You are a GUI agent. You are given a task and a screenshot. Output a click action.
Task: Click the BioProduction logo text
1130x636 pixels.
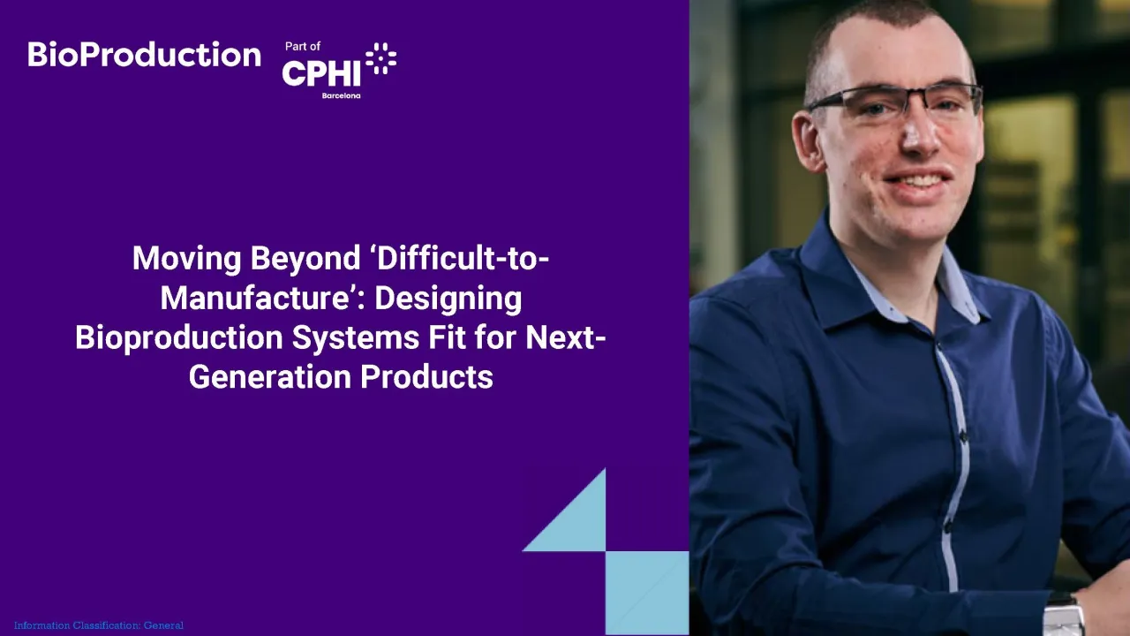pyautogui.click(x=144, y=55)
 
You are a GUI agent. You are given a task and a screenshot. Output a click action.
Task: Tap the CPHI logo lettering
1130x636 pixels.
pyautogui.click(x=321, y=73)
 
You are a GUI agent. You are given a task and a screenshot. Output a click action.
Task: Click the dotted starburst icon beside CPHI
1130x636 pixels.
pyautogui.click(x=380, y=58)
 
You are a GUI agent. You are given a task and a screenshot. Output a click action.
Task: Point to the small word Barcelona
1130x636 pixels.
pyautogui.click(x=341, y=95)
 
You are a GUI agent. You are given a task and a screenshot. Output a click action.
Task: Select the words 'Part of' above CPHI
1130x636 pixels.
pyautogui.click(x=303, y=46)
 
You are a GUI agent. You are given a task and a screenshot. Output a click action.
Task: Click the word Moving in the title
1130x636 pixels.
pyautogui.click(x=187, y=259)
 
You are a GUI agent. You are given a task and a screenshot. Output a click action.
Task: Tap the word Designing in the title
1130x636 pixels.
pyautogui.click(x=448, y=299)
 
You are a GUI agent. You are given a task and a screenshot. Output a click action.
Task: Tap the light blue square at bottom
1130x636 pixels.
pyautogui.click(x=647, y=592)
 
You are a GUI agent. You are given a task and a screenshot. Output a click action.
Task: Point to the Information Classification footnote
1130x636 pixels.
pyautogui.click(x=99, y=625)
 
